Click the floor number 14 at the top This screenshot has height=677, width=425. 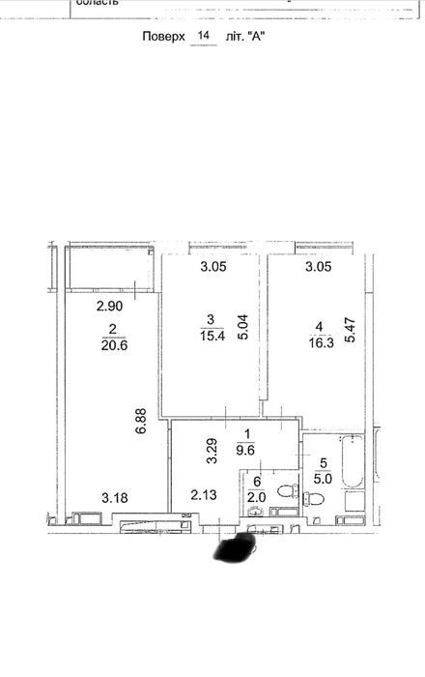[x=204, y=35]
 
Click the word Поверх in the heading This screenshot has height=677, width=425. [x=163, y=37]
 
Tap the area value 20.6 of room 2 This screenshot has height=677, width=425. [x=115, y=345]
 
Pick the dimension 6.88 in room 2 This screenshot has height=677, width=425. [x=141, y=421]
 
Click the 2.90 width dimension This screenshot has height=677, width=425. [x=109, y=307]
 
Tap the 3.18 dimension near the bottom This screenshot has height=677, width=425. [x=115, y=498]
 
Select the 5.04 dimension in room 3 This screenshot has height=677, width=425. [x=243, y=327]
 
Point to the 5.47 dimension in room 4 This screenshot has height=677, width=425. [x=349, y=330]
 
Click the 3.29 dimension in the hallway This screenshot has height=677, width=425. [x=212, y=452]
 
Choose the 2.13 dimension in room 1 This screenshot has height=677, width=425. [x=204, y=495]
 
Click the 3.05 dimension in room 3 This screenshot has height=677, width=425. [x=213, y=267]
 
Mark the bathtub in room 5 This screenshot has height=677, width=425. [x=353, y=461]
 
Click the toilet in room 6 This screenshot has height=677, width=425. [x=287, y=491]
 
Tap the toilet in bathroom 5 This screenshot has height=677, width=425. [x=314, y=499]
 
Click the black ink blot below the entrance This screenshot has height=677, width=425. [x=236, y=546]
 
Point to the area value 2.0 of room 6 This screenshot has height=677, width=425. [x=257, y=497]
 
